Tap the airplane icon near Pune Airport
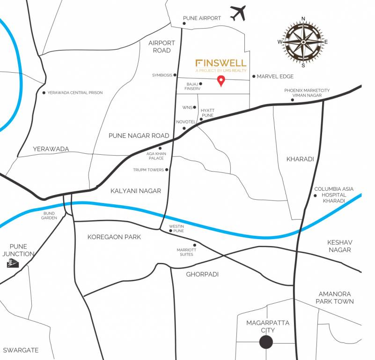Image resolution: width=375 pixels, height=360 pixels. pos(238,13)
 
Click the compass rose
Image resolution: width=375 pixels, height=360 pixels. pos(303,42)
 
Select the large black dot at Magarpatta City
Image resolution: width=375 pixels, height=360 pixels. pos(266,342)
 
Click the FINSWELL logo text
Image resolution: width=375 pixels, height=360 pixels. pos(221,63)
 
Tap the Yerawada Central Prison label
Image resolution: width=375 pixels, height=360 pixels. pos(75,93)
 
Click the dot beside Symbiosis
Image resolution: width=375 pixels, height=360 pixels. pos(175,75)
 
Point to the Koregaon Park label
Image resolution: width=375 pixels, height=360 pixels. pos(114,237)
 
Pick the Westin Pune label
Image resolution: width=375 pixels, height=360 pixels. pos(176,229)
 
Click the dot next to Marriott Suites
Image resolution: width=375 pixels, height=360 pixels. pos(195,245)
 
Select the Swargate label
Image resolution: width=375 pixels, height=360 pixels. pos(21,350)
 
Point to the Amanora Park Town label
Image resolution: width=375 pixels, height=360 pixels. pos(334,297)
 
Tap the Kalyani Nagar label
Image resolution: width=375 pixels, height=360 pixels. pos(136,191)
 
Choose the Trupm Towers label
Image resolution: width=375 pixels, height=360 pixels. pos(148,170)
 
